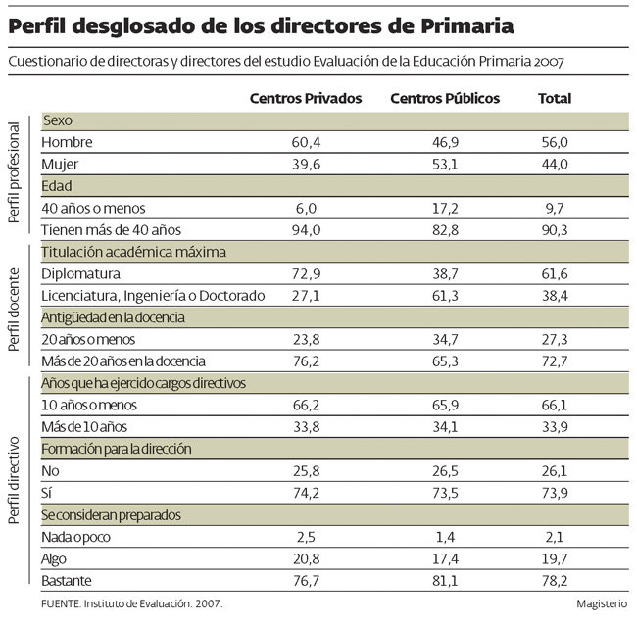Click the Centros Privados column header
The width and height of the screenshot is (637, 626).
point(306,99)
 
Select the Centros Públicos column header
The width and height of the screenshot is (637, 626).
point(445,99)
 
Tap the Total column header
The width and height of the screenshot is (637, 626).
point(554,99)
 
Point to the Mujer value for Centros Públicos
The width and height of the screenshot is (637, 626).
point(445,164)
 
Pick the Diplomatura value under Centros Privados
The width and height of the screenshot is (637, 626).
point(306,273)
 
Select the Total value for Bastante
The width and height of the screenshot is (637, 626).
point(554,581)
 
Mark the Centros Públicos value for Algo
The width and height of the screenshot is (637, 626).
point(445,558)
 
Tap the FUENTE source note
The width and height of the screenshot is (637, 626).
point(132,605)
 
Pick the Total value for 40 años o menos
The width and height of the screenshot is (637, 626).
point(554,208)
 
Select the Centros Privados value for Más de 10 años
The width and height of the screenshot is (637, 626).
point(306,427)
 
